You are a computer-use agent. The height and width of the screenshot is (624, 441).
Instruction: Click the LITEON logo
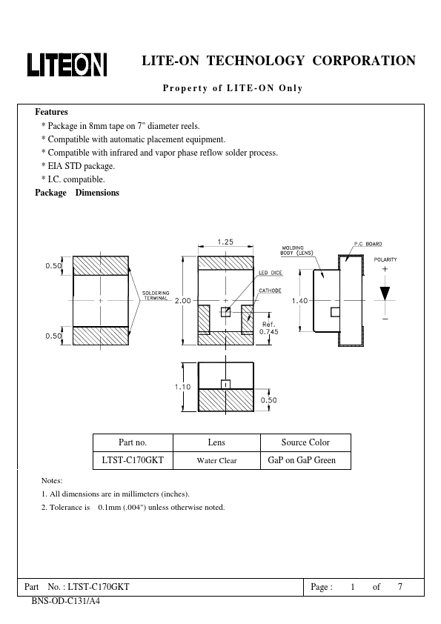tap(67, 65)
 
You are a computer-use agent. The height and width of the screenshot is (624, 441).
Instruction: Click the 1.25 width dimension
tap(227, 242)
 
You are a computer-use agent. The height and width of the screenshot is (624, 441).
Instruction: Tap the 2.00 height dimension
tap(182, 300)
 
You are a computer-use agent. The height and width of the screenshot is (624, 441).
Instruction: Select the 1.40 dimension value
tap(299, 300)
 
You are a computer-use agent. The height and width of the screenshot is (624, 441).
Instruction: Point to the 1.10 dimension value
tap(182, 387)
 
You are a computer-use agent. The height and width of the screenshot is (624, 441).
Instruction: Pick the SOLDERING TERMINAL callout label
tap(156, 294)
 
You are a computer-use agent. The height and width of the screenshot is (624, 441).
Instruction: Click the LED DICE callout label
tap(269, 273)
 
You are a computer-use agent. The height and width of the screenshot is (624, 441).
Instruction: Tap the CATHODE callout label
tap(270, 291)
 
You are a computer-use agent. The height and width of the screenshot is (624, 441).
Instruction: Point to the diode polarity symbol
tap(384, 292)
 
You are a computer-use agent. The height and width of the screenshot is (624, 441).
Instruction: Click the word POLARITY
tap(385, 259)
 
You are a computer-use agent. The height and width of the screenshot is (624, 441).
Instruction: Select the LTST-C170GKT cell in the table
tap(132, 460)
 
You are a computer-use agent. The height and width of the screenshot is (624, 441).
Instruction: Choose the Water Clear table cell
tap(216, 460)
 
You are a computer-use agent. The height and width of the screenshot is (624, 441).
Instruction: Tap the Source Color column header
tap(305, 442)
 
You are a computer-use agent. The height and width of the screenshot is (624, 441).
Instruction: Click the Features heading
tap(51, 112)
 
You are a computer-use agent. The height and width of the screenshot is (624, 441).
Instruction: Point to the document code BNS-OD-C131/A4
tap(66, 601)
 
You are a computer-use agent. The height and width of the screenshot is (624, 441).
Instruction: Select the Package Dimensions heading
tap(77, 193)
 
